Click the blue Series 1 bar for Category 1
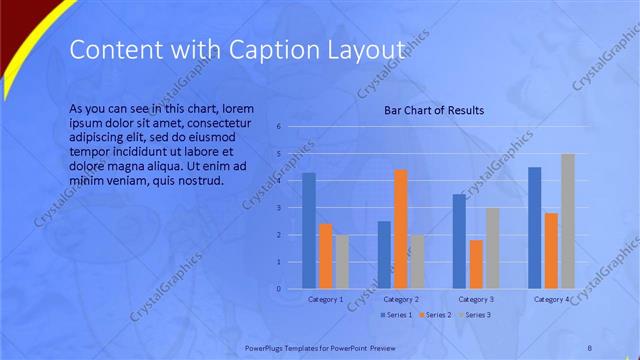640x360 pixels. [309, 231]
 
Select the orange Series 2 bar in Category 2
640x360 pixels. [400, 229]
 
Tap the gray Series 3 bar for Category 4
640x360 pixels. [567, 221]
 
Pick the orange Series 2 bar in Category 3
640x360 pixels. [475, 264]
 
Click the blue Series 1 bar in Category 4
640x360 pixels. [534, 228]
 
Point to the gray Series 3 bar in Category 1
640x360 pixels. [342, 262]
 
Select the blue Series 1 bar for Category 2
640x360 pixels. [384, 255]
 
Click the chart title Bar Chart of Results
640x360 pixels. [434, 110]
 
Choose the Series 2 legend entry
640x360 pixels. [435, 315]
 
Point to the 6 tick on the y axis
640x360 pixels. [279, 126]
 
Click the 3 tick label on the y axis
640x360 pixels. [279, 208]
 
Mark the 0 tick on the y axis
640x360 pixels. [279, 289]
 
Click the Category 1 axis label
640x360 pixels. [325, 299]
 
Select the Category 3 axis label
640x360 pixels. [475, 299]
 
